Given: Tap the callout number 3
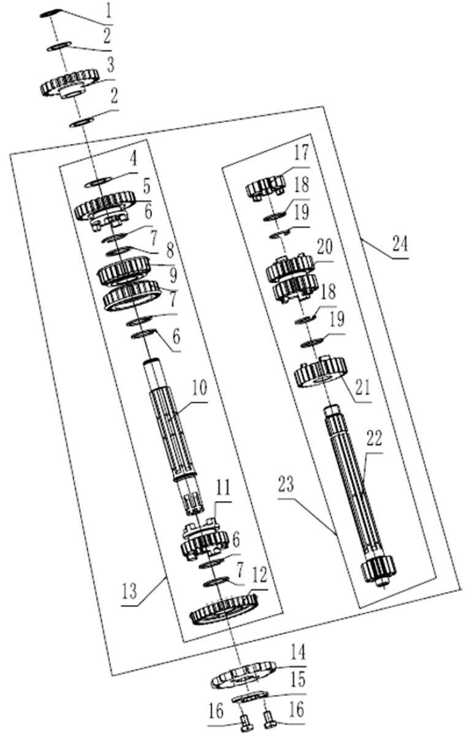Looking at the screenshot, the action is tap(111, 66).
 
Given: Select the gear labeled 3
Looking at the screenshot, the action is tap(70, 83).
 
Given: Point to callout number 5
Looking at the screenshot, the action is tap(146, 186).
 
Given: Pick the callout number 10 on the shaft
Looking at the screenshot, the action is tap(199, 388).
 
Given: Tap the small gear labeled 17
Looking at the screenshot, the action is tap(267, 189).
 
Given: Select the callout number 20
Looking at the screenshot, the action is tap(324, 247).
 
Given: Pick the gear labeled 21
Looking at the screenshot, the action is tap(320, 372).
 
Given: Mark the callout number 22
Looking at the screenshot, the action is tap(375, 439).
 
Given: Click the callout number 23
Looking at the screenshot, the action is tap(286, 484).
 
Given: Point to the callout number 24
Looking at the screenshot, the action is tap(400, 244).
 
